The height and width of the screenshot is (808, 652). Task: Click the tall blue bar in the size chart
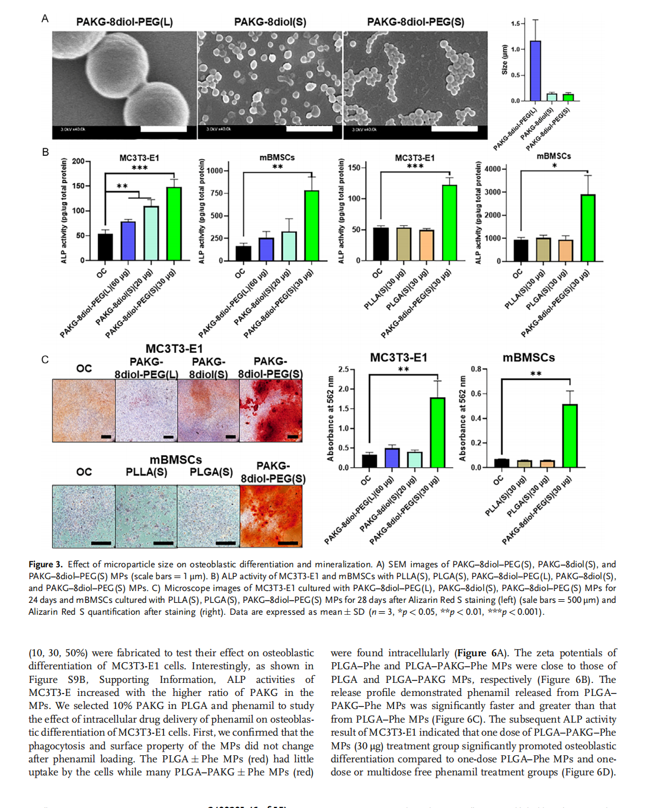(x=535, y=71)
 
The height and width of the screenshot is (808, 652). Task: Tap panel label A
(x=45, y=19)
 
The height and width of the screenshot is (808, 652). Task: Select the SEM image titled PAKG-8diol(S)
(x=270, y=85)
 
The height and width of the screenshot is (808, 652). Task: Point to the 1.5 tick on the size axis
(x=515, y=24)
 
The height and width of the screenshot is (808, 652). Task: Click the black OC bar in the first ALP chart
(x=105, y=247)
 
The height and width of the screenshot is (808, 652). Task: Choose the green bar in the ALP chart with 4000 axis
(x=587, y=228)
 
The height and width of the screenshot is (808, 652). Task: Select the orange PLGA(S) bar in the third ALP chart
(x=426, y=245)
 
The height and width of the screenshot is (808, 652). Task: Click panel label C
(x=45, y=360)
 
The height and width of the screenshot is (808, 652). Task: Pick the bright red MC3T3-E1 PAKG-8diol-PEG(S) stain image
(x=271, y=411)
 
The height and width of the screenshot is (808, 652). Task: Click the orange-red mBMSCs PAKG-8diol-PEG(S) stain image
(x=271, y=516)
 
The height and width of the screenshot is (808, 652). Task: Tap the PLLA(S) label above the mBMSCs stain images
(x=146, y=472)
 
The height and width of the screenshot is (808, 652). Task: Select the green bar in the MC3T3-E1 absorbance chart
(x=437, y=433)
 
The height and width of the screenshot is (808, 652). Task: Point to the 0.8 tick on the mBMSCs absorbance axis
(x=476, y=369)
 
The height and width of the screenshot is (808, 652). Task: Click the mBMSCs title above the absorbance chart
(x=529, y=358)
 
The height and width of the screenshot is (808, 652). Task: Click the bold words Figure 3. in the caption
(x=46, y=564)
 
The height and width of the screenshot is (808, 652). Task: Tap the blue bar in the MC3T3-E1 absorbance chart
(x=392, y=458)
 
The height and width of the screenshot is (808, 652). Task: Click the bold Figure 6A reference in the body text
(x=480, y=653)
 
